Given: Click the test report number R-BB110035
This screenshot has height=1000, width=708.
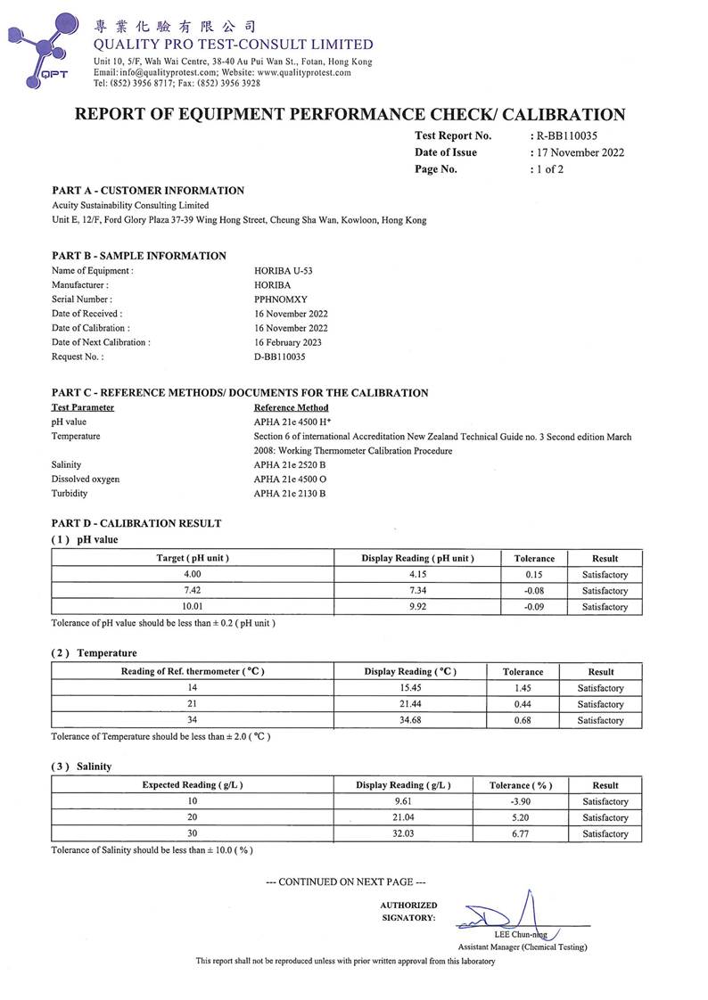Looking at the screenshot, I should [566, 136].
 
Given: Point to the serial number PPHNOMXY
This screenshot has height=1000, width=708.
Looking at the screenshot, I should [281, 299].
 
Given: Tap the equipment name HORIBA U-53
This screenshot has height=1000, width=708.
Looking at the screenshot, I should [284, 271].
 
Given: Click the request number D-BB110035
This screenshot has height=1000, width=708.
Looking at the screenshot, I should [284, 357].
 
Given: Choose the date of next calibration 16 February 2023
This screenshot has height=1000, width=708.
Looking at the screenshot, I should [288, 342].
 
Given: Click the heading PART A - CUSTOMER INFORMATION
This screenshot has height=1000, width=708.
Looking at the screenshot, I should [148, 191].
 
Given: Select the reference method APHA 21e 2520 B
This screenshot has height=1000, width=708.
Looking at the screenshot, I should [290, 465].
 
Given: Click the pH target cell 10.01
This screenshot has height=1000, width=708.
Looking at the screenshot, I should [193, 607].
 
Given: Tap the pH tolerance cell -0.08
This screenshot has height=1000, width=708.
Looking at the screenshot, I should [534, 591].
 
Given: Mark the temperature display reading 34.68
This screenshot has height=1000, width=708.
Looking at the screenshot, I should [410, 720].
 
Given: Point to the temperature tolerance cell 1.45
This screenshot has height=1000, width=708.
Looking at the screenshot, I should [523, 688].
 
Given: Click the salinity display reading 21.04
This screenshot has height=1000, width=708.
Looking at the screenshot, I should [403, 817].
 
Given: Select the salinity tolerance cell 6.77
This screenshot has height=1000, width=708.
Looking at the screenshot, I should [521, 834].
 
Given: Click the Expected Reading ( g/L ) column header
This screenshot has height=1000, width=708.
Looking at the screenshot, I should [193, 785].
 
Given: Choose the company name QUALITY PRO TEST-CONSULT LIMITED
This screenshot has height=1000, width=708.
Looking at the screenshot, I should [234, 45].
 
